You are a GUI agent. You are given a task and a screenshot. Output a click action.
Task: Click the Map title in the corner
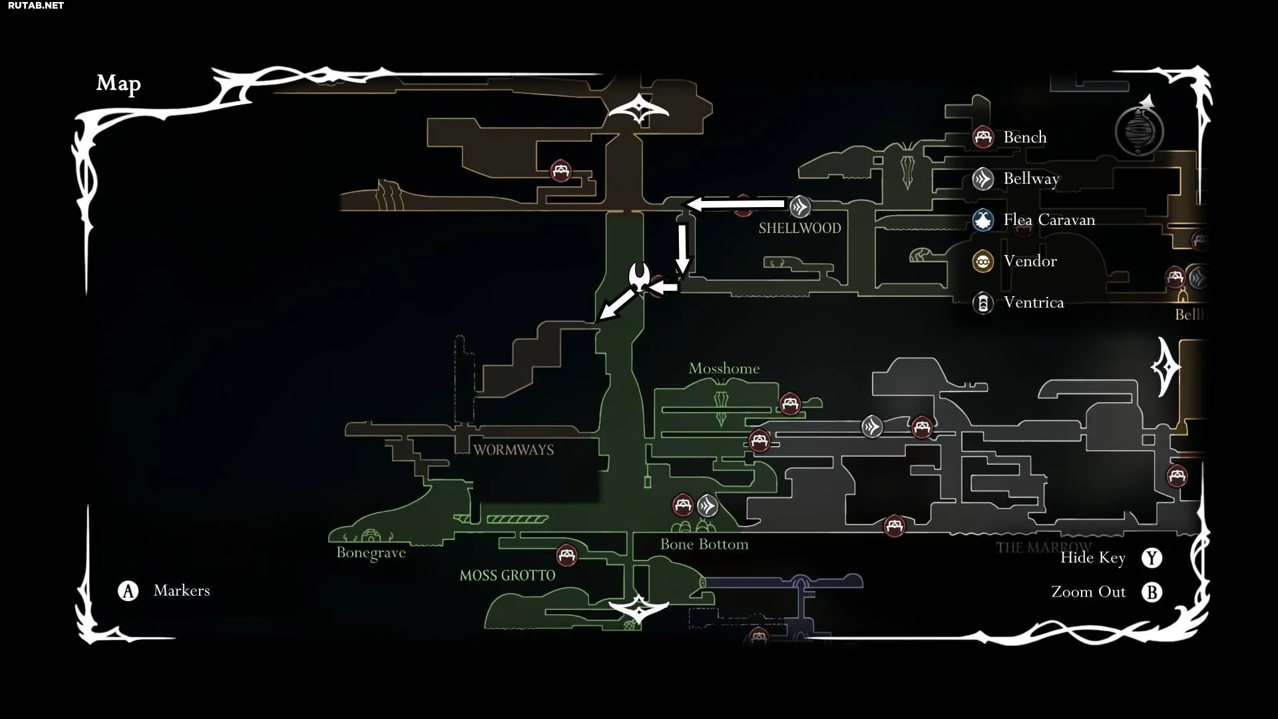click(118, 83)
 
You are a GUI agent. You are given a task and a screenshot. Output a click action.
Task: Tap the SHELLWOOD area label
click(799, 228)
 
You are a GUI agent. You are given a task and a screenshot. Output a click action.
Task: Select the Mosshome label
click(724, 368)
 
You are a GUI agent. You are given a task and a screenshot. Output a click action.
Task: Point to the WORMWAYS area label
click(513, 450)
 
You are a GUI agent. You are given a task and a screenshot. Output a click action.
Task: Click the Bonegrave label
click(371, 553)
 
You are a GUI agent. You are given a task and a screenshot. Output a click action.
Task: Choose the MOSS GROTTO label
click(507, 576)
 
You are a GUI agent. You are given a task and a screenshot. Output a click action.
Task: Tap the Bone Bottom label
click(704, 545)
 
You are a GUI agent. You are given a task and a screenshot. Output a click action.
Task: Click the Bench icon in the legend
click(983, 137)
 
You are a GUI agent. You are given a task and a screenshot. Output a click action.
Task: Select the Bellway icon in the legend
click(983, 178)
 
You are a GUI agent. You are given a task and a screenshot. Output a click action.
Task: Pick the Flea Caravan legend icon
click(983, 220)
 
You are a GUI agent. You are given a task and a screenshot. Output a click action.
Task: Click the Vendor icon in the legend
click(983, 261)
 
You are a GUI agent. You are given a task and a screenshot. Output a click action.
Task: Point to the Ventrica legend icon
click(983, 303)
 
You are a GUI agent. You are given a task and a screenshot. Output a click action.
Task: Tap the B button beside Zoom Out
click(1152, 592)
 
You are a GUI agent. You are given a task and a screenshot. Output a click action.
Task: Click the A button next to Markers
click(128, 591)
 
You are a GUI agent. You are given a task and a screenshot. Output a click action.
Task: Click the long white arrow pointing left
click(736, 204)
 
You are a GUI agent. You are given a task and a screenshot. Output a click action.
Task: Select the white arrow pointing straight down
click(682, 250)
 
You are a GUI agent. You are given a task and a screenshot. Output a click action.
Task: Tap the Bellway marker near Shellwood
click(800, 207)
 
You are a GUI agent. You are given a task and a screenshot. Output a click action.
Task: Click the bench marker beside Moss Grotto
click(566, 555)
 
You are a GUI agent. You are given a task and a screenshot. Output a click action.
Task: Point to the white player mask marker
click(639, 276)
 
